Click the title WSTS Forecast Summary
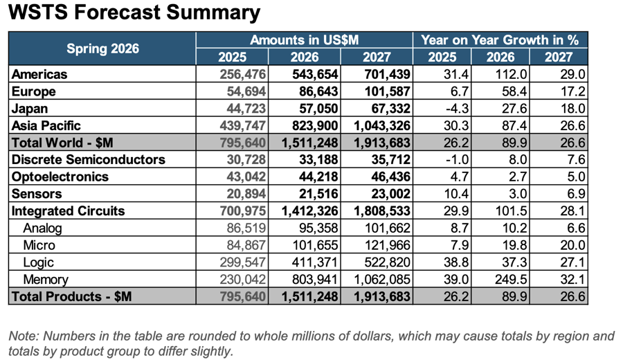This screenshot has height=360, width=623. pos(134,12)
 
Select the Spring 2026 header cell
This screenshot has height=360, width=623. pos(102,48)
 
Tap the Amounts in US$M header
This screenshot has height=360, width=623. pos(305,40)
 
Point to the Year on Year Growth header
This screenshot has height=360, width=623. pos(500,40)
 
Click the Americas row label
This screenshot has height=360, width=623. pos(39,74)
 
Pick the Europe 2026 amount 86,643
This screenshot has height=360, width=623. pos(318,91)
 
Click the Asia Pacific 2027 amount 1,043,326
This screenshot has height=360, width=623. pos(382,125)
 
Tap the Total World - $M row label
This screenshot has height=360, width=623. pos(62,143)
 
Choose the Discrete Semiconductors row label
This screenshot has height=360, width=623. pos(88,160)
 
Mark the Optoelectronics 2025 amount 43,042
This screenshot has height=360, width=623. pos(246,177)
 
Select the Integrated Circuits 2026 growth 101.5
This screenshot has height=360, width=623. pos(511,211)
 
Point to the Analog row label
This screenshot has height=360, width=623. pos(42,228)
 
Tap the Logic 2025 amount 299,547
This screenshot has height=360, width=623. pos(242,262)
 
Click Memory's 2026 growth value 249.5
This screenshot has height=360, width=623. pos(511,279)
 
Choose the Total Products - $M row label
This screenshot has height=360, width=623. pos(71,296)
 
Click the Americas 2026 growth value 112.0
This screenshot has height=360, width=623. pos(511,74)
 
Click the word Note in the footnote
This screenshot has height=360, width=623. pos(24,336)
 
